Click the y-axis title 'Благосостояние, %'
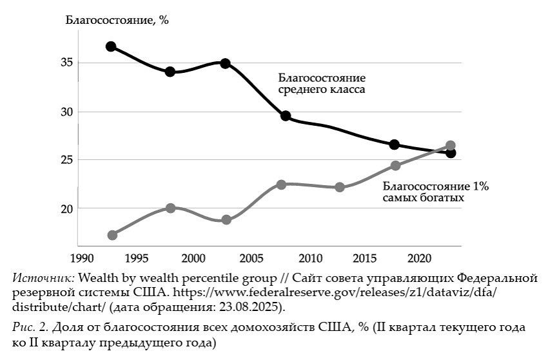pyautogui.click(x=117, y=19)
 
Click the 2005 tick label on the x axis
pyautogui.click(x=251, y=258)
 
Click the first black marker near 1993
pyautogui.click(x=111, y=46)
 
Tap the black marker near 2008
pyautogui.click(x=286, y=116)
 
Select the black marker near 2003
pyautogui.click(x=226, y=63)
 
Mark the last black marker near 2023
pyautogui.click(x=451, y=153)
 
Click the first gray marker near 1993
pyautogui.click(x=112, y=235)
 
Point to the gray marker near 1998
pyautogui.click(x=170, y=208)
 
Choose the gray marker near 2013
pyautogui.click(x=340, y=187)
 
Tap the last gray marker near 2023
pyautogui.click(x=451, y=146)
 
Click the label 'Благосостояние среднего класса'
pyautogui.click(x=322, y=83)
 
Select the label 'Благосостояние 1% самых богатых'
pyautogui.click(x=436, y=192)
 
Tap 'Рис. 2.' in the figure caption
pyautogui.click(x=28, y=327)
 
